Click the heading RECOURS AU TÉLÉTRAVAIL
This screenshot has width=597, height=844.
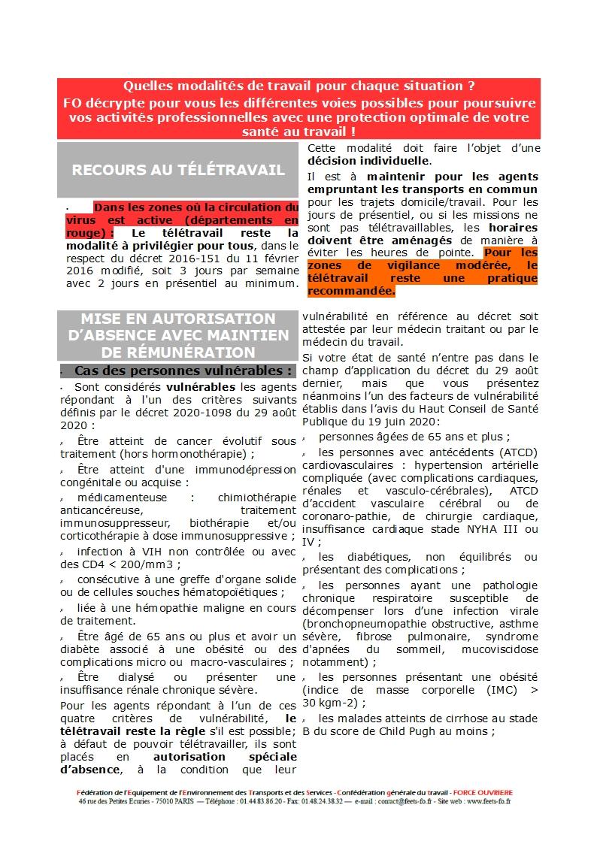[x=178, y=170]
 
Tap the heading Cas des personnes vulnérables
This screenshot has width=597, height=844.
[x=183, y=371]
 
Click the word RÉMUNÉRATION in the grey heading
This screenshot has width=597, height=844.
[x=179, y=351]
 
